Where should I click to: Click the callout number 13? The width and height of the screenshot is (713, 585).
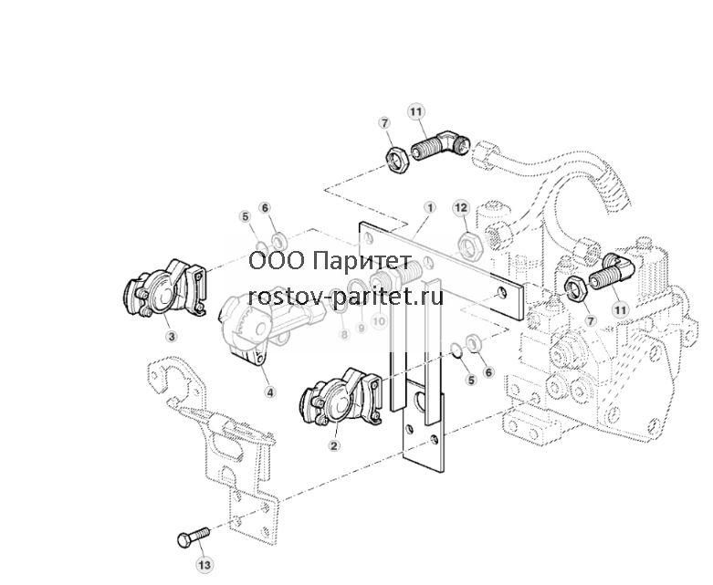click(204, 565)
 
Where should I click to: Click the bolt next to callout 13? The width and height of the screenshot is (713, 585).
click(194, 537)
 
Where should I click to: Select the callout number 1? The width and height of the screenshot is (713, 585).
click(430, 208)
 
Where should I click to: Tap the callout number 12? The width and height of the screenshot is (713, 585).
click(462, 208)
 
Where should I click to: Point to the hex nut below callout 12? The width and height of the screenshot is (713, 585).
click(468, 245)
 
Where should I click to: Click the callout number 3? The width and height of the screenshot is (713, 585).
click(172, 337)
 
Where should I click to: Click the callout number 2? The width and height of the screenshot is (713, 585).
click(334, 445)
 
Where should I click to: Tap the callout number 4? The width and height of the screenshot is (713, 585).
click(270, 392)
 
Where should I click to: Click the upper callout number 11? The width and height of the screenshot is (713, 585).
click(415, 112)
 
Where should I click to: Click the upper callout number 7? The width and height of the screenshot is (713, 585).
click(385, 123)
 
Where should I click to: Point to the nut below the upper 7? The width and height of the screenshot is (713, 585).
click(397, 160)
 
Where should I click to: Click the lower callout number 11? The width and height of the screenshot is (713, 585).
click(620, 310)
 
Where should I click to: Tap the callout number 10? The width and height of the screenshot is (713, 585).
click(379, 321)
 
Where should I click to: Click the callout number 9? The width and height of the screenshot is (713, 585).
click(361, 327)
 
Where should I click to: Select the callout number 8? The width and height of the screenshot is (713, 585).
click(344, 335)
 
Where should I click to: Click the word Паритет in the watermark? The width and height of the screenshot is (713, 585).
click(362, 262)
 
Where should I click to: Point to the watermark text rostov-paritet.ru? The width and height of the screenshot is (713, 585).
click(346, 298)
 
